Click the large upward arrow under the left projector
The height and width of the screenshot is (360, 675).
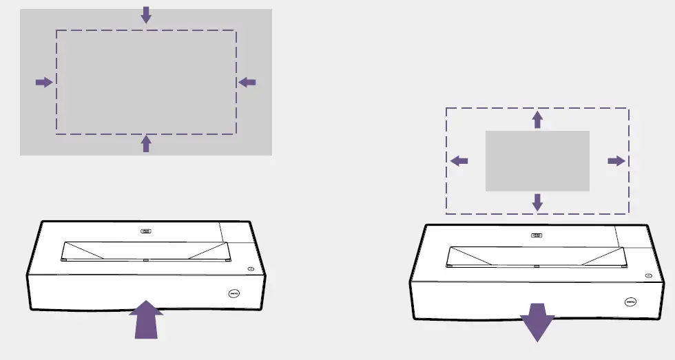tap(145, 321)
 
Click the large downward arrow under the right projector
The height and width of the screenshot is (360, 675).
tap(537, 324)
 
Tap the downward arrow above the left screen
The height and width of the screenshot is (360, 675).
tap(145, 14)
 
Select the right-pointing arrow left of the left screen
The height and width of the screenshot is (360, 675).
tap(44, 83)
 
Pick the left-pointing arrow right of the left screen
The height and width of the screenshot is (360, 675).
tap(247, 83)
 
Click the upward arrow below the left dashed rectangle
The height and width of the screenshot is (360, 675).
tap(145, 143)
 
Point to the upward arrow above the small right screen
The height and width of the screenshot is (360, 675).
tap(537, 120)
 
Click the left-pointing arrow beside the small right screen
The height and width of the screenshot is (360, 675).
tap(459, 160)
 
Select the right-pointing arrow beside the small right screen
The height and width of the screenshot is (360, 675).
tap(616, 160)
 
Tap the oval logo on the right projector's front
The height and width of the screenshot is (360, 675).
tap(630, 301)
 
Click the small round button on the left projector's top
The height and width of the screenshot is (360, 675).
tap(251, 268)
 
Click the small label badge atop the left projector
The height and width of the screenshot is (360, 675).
tap(145, 233)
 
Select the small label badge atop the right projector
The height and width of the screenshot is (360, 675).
tap(536, 235)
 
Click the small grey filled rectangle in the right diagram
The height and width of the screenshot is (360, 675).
tap(537, 160)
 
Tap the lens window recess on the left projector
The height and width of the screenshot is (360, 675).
tap(145, 251)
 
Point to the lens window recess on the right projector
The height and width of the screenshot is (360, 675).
tap(537, 256)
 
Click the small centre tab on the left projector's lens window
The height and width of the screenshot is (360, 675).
tap(146, 260)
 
